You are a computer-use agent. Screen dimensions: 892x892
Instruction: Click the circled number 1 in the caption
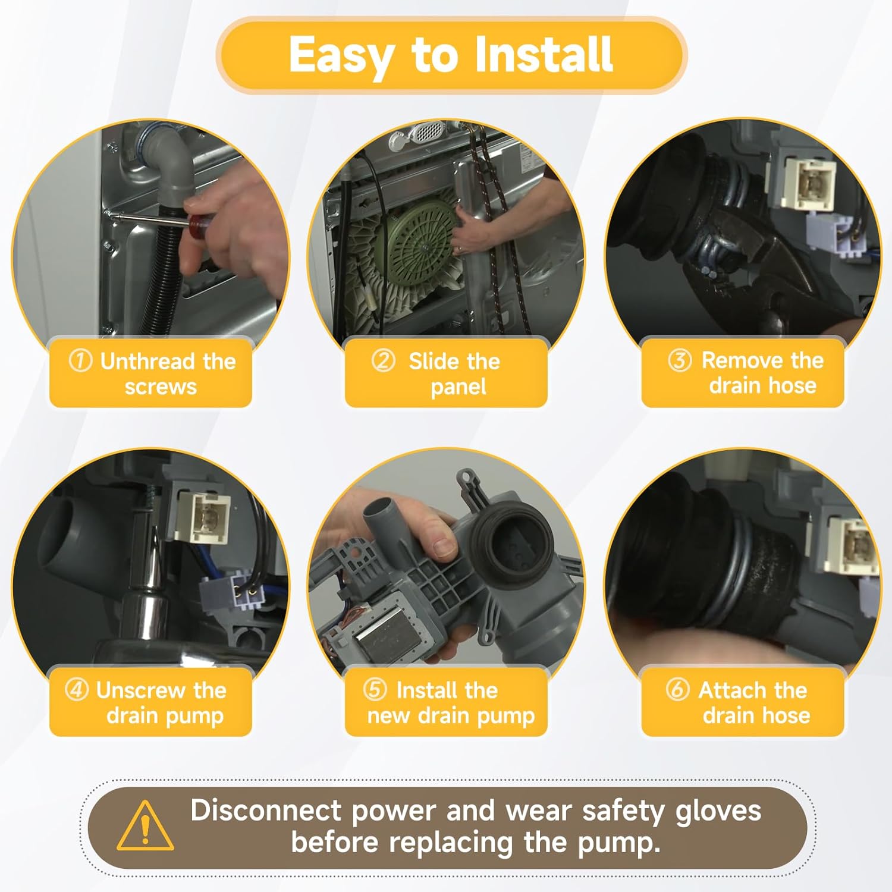click(x=80, y=360)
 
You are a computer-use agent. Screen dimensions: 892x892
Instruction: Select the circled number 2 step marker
click(x=384, y=360)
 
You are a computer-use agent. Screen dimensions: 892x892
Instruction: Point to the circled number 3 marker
click(x=679, y=360)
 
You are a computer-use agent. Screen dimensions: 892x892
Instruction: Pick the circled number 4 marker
click(x=77, y=690)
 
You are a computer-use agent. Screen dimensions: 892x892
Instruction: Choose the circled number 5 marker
click(x=375, y=690)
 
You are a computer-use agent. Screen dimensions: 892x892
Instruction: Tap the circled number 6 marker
click(x=677, y=690)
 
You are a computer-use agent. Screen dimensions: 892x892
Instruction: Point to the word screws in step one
click(x=161, y=387)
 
